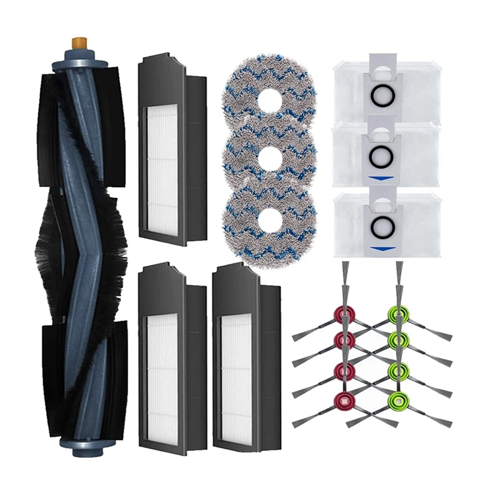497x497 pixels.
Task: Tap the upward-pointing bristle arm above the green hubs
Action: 398,280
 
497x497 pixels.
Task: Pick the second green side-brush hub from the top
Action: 398,340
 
